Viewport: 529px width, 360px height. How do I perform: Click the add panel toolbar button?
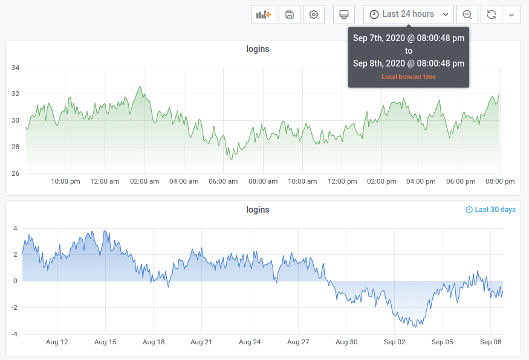point(263,14)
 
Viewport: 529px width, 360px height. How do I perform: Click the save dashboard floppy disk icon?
point(290,14)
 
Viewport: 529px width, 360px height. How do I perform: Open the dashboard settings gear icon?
point(314,14)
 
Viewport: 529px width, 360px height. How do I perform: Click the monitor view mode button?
point(344,14)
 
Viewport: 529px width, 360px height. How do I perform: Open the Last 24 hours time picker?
point(408,14)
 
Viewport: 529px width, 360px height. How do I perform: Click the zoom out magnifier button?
point(467,14)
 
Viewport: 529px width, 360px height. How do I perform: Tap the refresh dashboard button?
point(491,14)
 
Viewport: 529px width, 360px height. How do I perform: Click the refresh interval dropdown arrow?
point(511,14)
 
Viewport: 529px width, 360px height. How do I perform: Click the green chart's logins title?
point(258,49)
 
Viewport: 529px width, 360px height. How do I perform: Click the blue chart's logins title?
point(258,210)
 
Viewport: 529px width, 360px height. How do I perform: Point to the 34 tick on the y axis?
point(16,68)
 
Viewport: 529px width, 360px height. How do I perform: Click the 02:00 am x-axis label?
point(144,181)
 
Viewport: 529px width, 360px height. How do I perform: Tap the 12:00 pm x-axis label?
point(342,181)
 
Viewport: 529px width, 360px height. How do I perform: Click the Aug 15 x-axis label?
point(105,342)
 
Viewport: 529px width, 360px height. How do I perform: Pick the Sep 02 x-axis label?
point(394,342)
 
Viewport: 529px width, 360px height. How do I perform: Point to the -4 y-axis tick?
point(15,334)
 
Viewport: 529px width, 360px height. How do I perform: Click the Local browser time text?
point(408,77)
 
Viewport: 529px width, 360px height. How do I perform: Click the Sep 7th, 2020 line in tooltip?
point(408,38)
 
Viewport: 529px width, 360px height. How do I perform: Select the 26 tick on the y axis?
point(16,173)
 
